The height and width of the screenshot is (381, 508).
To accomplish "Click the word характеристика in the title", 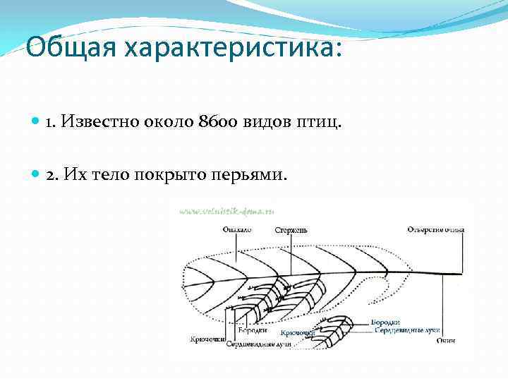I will point(234,49).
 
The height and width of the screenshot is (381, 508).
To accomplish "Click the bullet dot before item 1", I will point(37,123).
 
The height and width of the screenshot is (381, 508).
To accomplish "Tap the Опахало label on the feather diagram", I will point(236,230).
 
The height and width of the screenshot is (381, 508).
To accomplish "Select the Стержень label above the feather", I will point(291,230).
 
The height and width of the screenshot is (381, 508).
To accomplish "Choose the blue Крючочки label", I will point(297,332).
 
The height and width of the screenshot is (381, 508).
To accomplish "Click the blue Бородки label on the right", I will point(385,322).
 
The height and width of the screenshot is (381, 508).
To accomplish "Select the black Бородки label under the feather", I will point(252,330).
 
